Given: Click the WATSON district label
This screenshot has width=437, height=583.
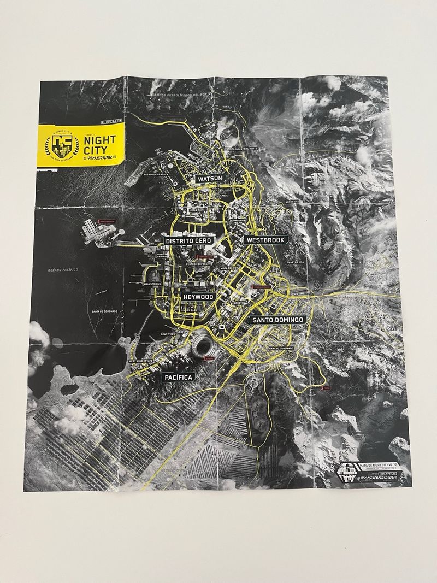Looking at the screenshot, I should (x=210, y=178).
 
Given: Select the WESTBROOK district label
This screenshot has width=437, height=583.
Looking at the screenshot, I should (x=265, y=239).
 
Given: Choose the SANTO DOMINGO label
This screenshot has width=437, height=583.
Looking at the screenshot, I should (x=277, y=319).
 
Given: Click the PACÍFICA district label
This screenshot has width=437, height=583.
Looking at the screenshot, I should (x=179, y=377).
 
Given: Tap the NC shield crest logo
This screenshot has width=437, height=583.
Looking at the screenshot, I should (x=62, y=145).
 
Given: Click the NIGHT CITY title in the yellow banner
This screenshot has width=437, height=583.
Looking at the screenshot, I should (x=101, y=144).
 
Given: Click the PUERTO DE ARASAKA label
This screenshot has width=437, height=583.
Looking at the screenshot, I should (x=156, y=174).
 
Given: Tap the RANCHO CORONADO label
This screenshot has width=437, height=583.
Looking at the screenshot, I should (x=281, y=348).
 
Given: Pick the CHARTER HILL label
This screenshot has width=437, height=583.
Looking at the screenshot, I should (x=296, y=262).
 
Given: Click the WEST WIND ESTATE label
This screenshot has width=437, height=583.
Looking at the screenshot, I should (x=141, y=361).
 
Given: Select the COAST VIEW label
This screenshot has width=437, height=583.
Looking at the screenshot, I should (x=168, y=334).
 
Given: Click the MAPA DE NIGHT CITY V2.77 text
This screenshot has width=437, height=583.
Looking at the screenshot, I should (x=379, y=463).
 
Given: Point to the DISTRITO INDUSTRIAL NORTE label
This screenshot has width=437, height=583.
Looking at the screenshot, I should (x=241, y=148).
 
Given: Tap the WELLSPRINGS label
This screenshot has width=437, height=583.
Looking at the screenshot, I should (x=152, y=284).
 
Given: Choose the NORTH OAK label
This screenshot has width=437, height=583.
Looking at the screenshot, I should (x=292, y=201).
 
